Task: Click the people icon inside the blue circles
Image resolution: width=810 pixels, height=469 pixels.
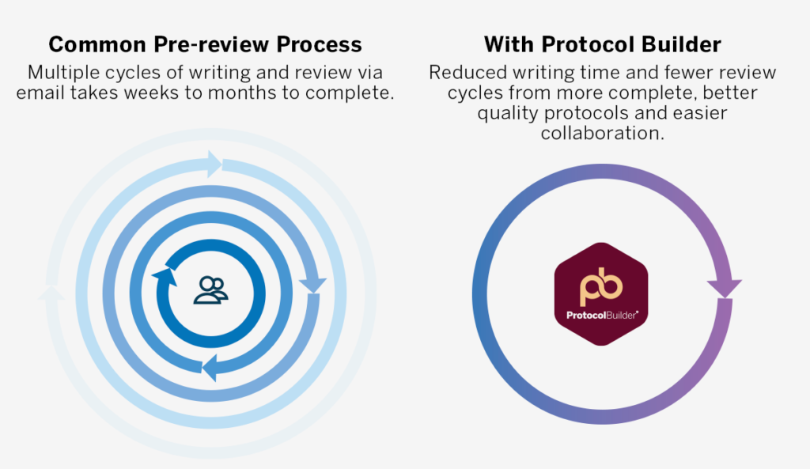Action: [210, 290]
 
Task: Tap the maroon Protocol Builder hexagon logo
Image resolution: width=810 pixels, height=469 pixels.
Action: [601, 294]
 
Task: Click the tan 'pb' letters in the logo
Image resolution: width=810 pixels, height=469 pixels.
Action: [601, 286]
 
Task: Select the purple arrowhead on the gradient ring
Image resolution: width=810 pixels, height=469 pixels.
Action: [725, 288]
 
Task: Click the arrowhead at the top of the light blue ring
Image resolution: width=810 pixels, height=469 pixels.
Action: [214, 165]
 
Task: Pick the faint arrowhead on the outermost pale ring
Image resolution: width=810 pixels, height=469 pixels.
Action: [51, 293]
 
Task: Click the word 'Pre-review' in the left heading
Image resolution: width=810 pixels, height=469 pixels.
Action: [211, 45]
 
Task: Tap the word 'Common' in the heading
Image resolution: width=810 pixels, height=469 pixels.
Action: [97, 45]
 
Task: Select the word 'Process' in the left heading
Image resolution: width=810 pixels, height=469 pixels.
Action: [319, 45]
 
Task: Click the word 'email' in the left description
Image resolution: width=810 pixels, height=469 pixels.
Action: [41, 93]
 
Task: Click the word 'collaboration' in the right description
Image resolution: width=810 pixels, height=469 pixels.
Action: [602, 133]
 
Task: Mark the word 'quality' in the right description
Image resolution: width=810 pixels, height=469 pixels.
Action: [508, 113]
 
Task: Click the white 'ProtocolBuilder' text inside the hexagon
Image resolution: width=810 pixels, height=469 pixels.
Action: [602, 315]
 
